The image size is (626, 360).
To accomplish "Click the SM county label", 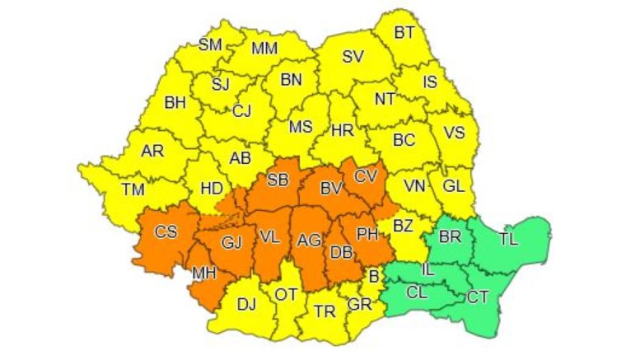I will pos(211,44).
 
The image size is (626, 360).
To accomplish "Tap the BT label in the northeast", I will pos(404,33).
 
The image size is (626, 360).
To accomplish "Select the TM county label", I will pos(133,189).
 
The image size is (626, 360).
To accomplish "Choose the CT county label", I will pos(478,297).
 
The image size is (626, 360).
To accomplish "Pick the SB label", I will pos(278,181).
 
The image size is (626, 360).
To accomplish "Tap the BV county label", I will pos(331,189).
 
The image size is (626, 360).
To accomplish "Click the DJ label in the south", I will pos(246,305).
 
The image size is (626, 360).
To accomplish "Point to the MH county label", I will pos(205,273).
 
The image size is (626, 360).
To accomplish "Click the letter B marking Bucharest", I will pos(372,277).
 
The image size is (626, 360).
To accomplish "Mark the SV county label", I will pos(353,57).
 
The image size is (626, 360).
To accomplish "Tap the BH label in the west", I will pos(175,104).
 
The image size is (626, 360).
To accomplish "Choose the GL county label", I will pos(453,186).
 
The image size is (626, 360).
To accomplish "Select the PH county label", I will pos(367,235).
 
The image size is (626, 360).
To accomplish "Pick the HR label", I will pos(341,131).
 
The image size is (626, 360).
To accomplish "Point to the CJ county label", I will pos(241,110).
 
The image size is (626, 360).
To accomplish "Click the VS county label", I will pos(454,132).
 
